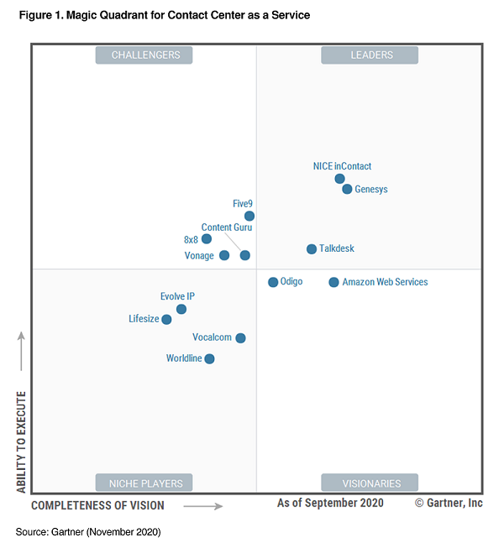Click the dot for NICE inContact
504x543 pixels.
pyautogui.click(x=339, y=179)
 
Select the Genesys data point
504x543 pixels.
pyautogui.click(x=347, y=190)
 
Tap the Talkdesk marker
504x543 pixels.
pyautogui.click(x=312, y=249)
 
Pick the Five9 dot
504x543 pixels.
pyautogui.click(x=249, y=216)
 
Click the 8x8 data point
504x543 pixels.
pyautogui.click(x=207, y=239)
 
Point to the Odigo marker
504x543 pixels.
pyautogui.click(x=273, y=282)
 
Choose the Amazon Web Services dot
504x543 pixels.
pyautogui.click(x=333, y=283)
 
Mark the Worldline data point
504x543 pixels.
pyautogui.click(x=209, y=359)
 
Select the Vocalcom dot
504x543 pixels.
pyautogui.click(x=240, y=338)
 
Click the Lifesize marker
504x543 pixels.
pyautogui.click(x=166, y=320)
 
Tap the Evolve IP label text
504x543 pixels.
pyautogui.click(x=177, y=296)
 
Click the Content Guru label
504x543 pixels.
pyautogui.click(x=227, y=227)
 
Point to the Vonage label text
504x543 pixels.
pyautogui.click(x=199, y=256)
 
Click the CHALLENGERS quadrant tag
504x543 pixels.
pyautogui.click(x=144, y=55)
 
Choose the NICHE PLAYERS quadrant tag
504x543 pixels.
pyautogui.click(x=144, y=483)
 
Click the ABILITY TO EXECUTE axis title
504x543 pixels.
pyautogui.click(x=21, y=441)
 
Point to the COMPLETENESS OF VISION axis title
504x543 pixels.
pyautogui.click(x=97, y=505)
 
